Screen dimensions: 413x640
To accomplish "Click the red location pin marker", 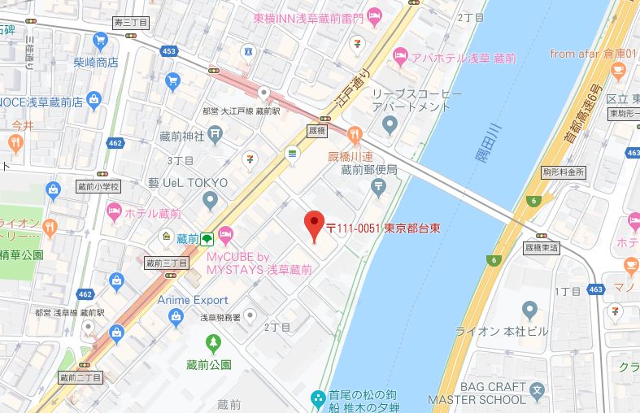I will tap(314, 225).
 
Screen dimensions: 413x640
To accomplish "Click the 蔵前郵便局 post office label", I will tap(368, 169).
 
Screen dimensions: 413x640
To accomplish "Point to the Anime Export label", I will tap(193, 300).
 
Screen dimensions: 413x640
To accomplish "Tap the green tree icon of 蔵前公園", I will tap(213, 342).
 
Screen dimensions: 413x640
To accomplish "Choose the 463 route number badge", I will tap(597, 289).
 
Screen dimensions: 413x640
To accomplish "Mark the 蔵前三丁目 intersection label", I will tap(166, 263).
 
